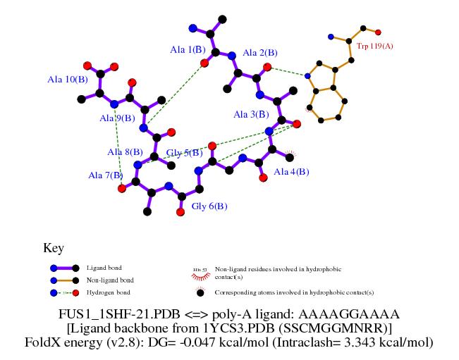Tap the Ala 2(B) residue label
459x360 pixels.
pos(260,53)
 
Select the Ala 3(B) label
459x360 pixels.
pos(252,114)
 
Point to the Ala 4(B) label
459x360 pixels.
pos(291,172)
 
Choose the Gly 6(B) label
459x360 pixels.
pos(209,206)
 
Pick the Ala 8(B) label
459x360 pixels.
pos(125,151)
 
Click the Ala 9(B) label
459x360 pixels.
pos(117,118)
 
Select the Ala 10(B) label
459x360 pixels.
pos(68,80)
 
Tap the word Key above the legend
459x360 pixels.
pos(54,248)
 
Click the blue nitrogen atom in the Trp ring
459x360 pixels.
pos(307,75)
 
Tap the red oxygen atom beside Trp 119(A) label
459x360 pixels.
pos(379,32)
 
